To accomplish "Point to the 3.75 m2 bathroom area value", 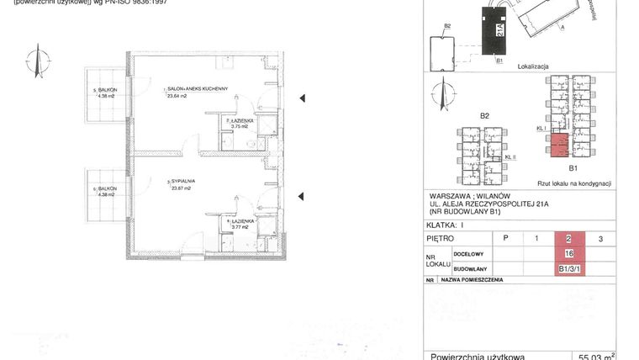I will click(239, 128).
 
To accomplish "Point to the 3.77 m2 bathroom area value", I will click(240, 227).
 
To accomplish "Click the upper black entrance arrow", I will click(302, 99).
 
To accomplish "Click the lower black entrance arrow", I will click(302, 197).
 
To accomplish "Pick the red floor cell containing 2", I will click(569, 239).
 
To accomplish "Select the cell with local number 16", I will click(569, 253).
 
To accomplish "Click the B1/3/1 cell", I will click(569, 269).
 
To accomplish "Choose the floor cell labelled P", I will click(504, 239).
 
